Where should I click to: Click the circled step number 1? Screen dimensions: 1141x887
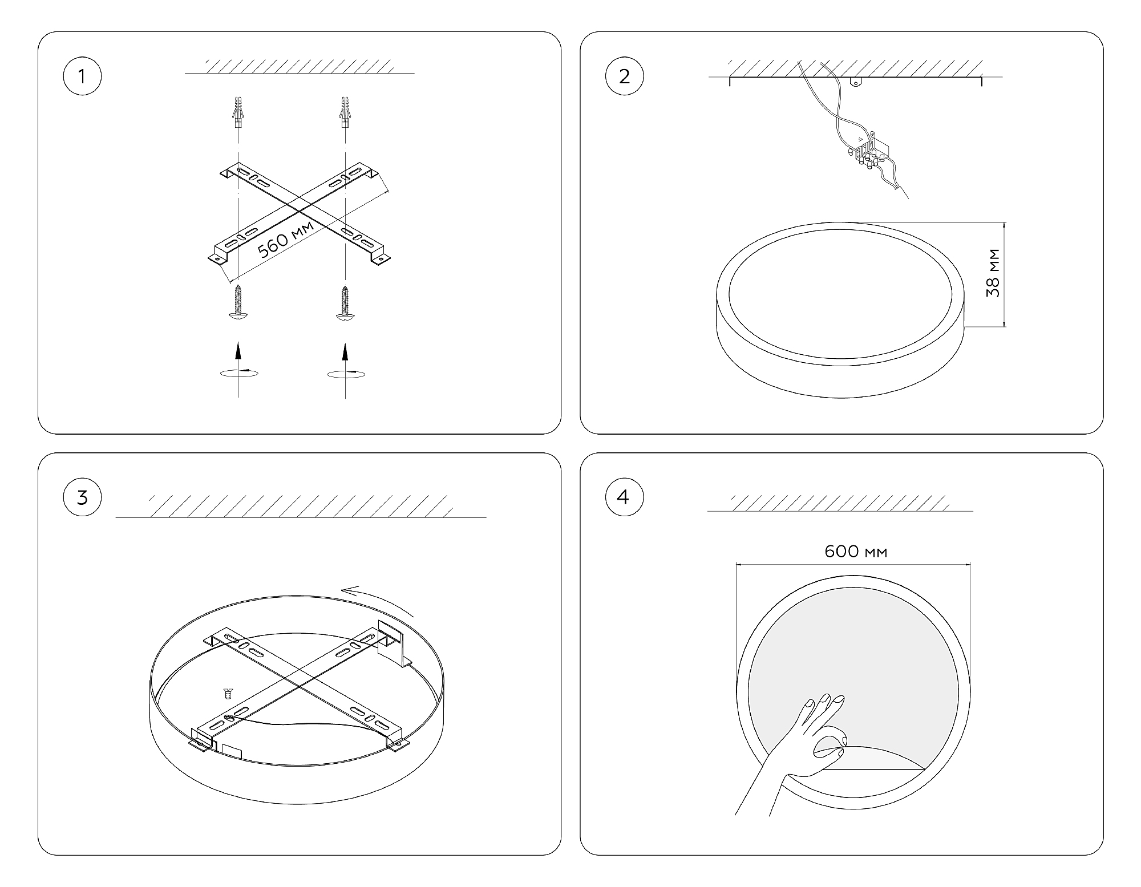[x=82, y=76]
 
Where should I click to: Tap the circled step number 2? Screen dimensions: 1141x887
[x=624, y=76]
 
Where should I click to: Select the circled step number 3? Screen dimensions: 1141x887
[x=82, y=497]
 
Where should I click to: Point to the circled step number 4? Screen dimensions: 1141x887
[x=624, y=497]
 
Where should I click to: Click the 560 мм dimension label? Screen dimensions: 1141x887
[x=286, y=240]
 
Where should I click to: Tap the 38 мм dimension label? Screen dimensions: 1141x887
[x=993, y=273]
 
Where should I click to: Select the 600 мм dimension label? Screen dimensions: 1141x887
[x=856, y=552]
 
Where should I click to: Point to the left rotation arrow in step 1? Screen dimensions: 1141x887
[x=238, y=372]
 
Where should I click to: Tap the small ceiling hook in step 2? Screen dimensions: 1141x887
[x=855, y=82]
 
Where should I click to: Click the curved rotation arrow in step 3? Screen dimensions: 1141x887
[x=378, y=600]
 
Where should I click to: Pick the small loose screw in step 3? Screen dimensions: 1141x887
[x=229, y=694]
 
